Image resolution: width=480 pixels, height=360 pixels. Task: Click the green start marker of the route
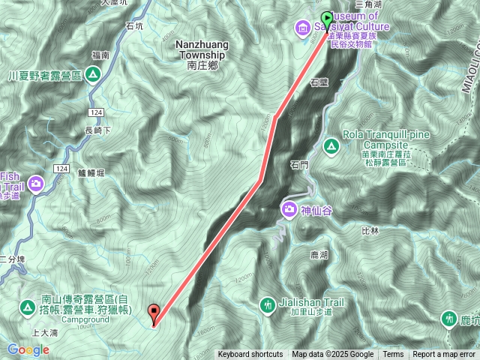pyautogui.click(x=327, y=17)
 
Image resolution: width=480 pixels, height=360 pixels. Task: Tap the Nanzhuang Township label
pyautogui.click(x=200, y=49)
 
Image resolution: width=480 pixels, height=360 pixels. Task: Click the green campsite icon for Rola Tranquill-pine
pyautogui.click(x=331, y=144)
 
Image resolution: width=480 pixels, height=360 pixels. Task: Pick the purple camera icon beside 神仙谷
pyautogui.click(x=289, y=208)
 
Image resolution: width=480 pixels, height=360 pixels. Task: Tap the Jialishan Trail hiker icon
pyautogui.click(x=268, y=304)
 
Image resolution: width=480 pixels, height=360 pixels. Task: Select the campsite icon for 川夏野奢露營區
pyautogui.click(x=91, y=74)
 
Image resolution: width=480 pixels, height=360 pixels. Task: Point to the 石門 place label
pyautogui.click(x=299, y=164)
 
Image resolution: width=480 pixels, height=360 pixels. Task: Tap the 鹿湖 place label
pyautogui.click(x=319, y=256)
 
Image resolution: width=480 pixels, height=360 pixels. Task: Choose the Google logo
pyautogui.click(x=28, y=349)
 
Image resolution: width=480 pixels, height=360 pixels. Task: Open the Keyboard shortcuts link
pyautogui.click(x=250, y=355)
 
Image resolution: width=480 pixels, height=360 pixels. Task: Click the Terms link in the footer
pyautogui.click(x=393, y=355)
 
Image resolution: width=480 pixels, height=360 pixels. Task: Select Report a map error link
pyautogui.click(x=445, y=355)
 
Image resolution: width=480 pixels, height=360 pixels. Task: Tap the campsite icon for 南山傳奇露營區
pyautogui.click(x=27, y=306)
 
